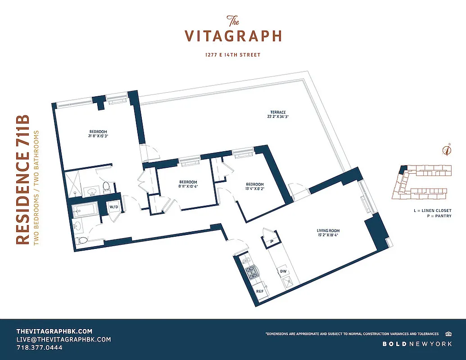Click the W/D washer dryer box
(113, 207)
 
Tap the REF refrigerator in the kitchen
(260, 291)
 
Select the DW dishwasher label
(283, 271)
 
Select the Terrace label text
(278, 112)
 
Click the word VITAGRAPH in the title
(233, 36)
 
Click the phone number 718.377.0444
(39, 348)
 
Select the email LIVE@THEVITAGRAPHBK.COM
(63, 339)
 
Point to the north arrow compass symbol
(447, 150)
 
